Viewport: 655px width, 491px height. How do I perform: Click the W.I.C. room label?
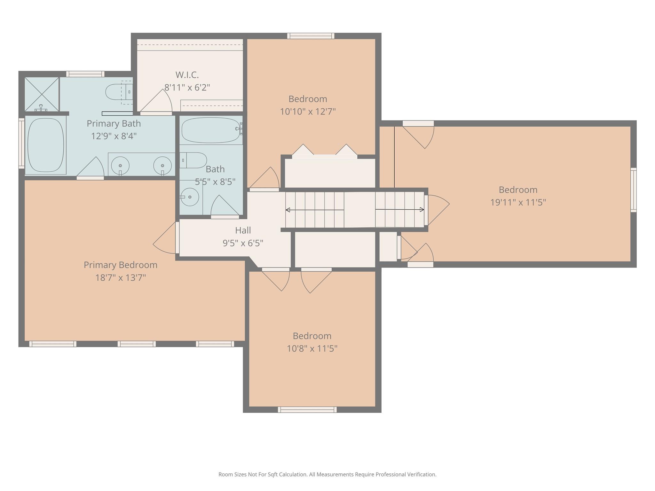[187, 75]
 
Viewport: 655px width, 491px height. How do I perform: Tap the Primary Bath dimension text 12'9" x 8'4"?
[114, 136]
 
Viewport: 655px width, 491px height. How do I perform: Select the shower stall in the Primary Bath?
[42, 94]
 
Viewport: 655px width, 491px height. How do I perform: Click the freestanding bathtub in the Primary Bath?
[45, 145]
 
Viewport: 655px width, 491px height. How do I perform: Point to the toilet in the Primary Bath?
[119, 92]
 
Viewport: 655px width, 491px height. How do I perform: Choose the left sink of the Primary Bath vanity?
[120, 166]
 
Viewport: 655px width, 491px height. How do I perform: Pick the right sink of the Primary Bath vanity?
[162, 166]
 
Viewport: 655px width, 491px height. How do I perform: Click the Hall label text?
[243, 230]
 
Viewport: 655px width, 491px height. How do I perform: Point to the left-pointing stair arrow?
[315, 210]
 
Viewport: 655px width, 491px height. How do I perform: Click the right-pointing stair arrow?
[400, 210]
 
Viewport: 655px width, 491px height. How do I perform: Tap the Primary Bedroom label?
[121, 265]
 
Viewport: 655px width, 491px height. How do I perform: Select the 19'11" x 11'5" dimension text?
[518, 202]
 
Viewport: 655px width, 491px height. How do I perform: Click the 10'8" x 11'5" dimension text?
[312, 348]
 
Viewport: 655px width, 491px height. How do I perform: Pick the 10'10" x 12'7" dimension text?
[308, 112]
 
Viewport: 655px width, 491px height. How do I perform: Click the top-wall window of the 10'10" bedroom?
[311, 36]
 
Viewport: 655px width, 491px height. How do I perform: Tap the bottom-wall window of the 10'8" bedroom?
[307, 410]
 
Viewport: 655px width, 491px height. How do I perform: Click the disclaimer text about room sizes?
[327, 475]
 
